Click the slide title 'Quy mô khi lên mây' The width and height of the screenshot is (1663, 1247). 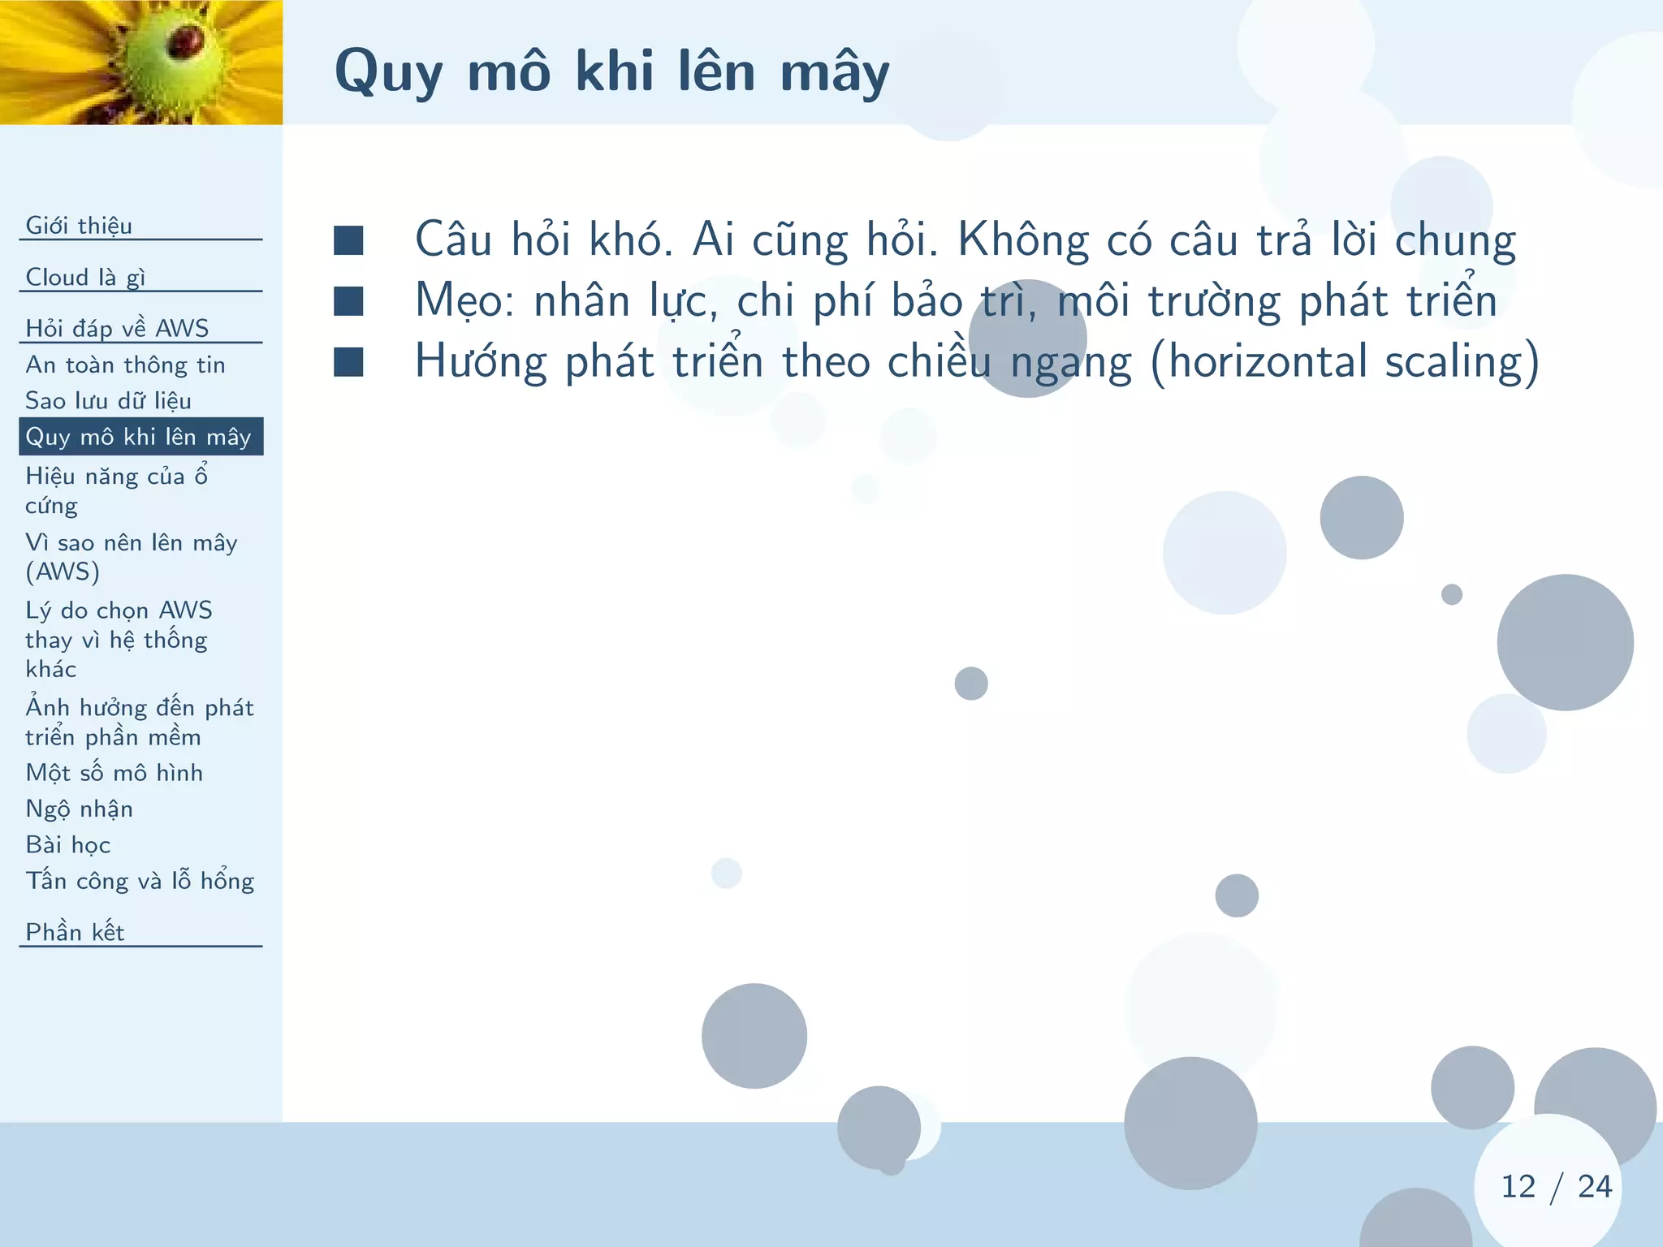coord(611,71)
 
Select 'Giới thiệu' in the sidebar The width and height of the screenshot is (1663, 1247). coord(79,226)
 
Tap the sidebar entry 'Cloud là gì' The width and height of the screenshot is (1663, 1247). coord(85,278)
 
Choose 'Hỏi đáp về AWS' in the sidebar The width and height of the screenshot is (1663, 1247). coord(117,328)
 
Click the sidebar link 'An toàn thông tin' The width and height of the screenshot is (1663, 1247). coord(125,365)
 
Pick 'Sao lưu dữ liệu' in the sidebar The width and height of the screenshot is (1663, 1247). coord(108,401)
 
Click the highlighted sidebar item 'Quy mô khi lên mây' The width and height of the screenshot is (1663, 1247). coord(139,437)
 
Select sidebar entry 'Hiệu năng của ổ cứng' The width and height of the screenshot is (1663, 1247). coord(116,490)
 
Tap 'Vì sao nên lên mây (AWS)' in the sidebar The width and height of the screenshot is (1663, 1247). coord(131,557)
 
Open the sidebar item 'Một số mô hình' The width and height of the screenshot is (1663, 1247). coord(114,773)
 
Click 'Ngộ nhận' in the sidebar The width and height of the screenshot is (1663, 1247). coord(79,809)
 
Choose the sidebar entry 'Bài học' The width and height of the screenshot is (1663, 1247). coord(68,845)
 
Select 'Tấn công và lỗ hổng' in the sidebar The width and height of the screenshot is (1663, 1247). coord(140,882)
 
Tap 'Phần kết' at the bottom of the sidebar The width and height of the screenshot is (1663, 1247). coord(75,932)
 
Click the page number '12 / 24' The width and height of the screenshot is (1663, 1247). coord(1555,1187)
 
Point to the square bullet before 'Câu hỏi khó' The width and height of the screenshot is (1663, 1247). coord(348,240)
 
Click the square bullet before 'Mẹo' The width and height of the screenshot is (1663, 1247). coord(348,301)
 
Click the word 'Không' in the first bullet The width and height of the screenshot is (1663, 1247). coord(1023,240)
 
